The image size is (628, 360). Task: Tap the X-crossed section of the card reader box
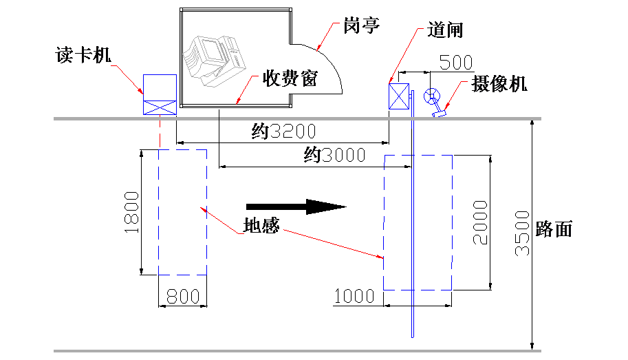point(160,107)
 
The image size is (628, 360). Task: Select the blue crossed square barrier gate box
point(398,96)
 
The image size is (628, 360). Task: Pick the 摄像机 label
point(500,85)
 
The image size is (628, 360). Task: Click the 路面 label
point(554,230)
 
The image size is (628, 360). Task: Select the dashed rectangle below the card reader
point(182,212)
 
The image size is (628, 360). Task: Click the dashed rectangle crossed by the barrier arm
point(418,222)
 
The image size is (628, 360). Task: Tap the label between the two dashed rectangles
point(261,225)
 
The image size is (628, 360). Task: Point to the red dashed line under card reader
point(160,132)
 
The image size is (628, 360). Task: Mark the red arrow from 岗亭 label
point(329,38)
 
